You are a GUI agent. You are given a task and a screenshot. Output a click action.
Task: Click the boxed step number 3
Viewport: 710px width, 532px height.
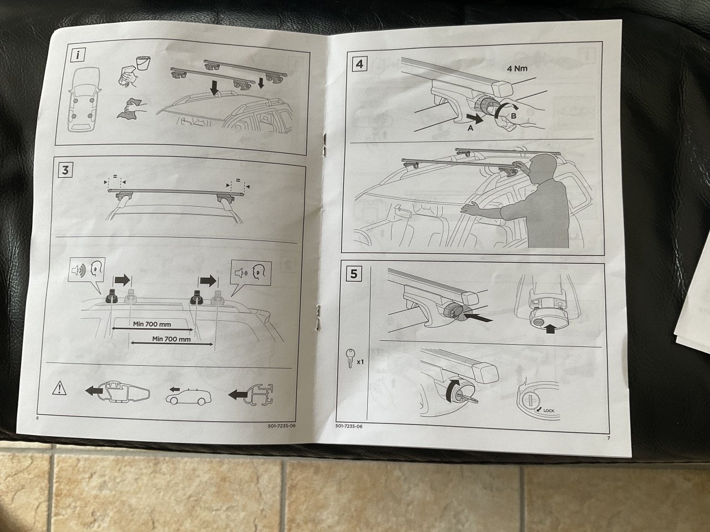(x=65, y=170)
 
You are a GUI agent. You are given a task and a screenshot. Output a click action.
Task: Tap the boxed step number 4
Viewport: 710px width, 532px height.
(x=359, y=64)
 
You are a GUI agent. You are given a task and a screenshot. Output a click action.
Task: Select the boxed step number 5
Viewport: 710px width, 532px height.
(x=354, y=274)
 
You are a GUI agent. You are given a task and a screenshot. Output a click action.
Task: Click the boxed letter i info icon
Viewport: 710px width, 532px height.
(x=78, y=55)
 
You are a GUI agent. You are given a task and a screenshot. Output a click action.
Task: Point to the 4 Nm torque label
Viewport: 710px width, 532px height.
(x=517, y=69)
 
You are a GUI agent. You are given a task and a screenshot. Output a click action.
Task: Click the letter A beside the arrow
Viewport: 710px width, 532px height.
(x=470, y=128)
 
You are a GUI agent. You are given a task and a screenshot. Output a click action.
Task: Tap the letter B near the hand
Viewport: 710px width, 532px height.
(x=513, y=115)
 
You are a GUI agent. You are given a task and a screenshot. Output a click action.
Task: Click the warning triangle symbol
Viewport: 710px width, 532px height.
(x=59, y=388)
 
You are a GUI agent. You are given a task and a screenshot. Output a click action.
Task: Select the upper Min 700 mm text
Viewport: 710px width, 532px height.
(x=152, y=324)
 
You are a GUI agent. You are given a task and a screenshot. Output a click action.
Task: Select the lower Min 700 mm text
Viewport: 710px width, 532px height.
(x=171, y=339)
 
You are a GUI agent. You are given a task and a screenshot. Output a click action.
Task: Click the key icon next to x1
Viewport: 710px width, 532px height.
(x=350, y=358)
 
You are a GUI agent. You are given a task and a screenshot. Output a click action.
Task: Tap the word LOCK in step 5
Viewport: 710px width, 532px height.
(x=549, y=411)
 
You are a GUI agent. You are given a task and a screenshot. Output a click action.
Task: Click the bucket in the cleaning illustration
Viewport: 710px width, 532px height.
(x=143, y=63)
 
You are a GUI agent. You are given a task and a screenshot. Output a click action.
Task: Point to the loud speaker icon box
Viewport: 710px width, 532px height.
(x=87, y=269)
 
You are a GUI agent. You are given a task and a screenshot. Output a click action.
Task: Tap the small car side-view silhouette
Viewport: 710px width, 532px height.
(x=188, y=397)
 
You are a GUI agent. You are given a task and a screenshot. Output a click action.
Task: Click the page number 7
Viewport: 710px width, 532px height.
(x=608, y=438)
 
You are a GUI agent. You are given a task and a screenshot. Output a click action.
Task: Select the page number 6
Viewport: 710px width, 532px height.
(x=38, y=418)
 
